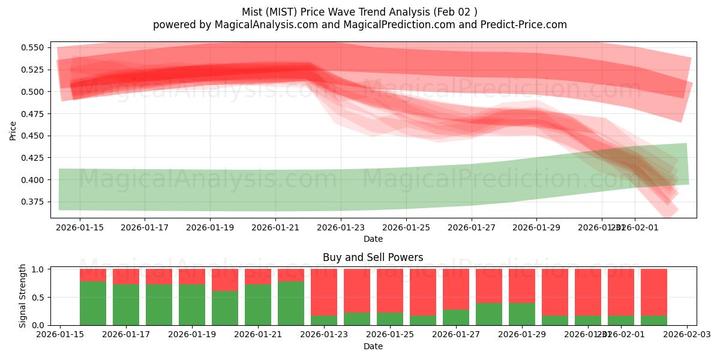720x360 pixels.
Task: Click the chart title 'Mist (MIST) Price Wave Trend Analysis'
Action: coord(359,12)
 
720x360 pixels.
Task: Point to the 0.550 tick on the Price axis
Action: coord(33,47)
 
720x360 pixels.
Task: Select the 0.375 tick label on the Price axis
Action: coord(33,202)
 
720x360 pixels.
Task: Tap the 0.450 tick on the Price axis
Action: coord(33,136)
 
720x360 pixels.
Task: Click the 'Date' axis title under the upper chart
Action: coord(373,239)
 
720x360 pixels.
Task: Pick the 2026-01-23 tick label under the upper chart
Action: coord(341,227)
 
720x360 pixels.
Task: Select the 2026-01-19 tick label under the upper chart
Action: coord(210,227)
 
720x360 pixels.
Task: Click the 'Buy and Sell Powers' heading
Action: coord(373,257)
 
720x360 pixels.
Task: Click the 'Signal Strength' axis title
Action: coord(23,296)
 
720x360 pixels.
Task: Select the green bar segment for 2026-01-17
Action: coord(126,305)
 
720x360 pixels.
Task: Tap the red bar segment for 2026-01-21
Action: coord(258,277)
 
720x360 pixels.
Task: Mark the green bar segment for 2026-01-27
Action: coord(456,317)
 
